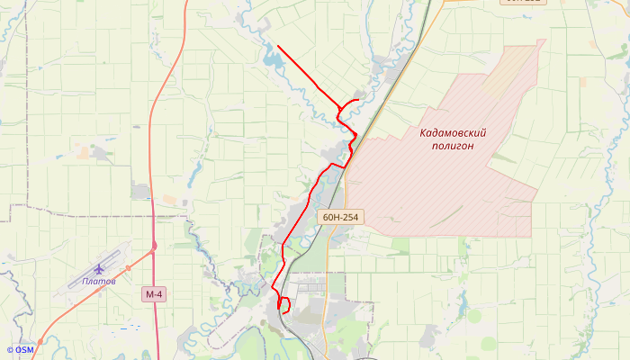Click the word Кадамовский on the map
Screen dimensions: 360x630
coord(460,133)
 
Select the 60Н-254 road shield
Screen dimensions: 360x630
coord(338,217)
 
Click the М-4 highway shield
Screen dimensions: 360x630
coord(154,294)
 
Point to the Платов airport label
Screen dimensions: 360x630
coord(98,282)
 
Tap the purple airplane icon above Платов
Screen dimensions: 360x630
coord(99,269)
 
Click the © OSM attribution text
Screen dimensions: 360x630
coord(20,350)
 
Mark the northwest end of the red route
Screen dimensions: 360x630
coord(278,46)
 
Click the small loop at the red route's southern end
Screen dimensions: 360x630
coord(283,305)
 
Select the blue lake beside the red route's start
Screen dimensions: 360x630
coord(271,61)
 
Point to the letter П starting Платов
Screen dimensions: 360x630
coord(85,282)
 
